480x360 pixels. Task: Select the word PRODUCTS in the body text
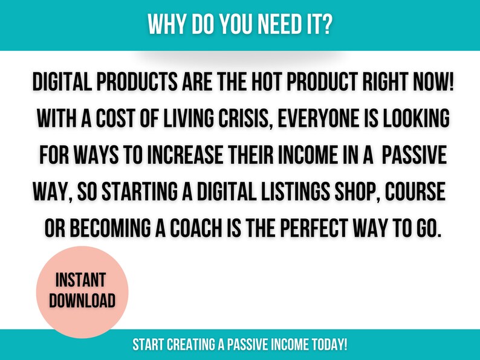[x=137, y=82]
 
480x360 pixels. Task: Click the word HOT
[x=267, y=82]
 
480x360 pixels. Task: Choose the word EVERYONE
[x=318, y=118]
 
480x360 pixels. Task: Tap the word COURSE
[x=415, y=191]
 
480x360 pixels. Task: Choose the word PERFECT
[x=314, y=228]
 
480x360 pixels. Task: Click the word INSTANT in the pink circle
[x=81, y=280]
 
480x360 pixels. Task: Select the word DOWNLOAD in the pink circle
[x=82, y=300]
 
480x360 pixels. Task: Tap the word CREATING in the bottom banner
[x=191, y=344]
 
